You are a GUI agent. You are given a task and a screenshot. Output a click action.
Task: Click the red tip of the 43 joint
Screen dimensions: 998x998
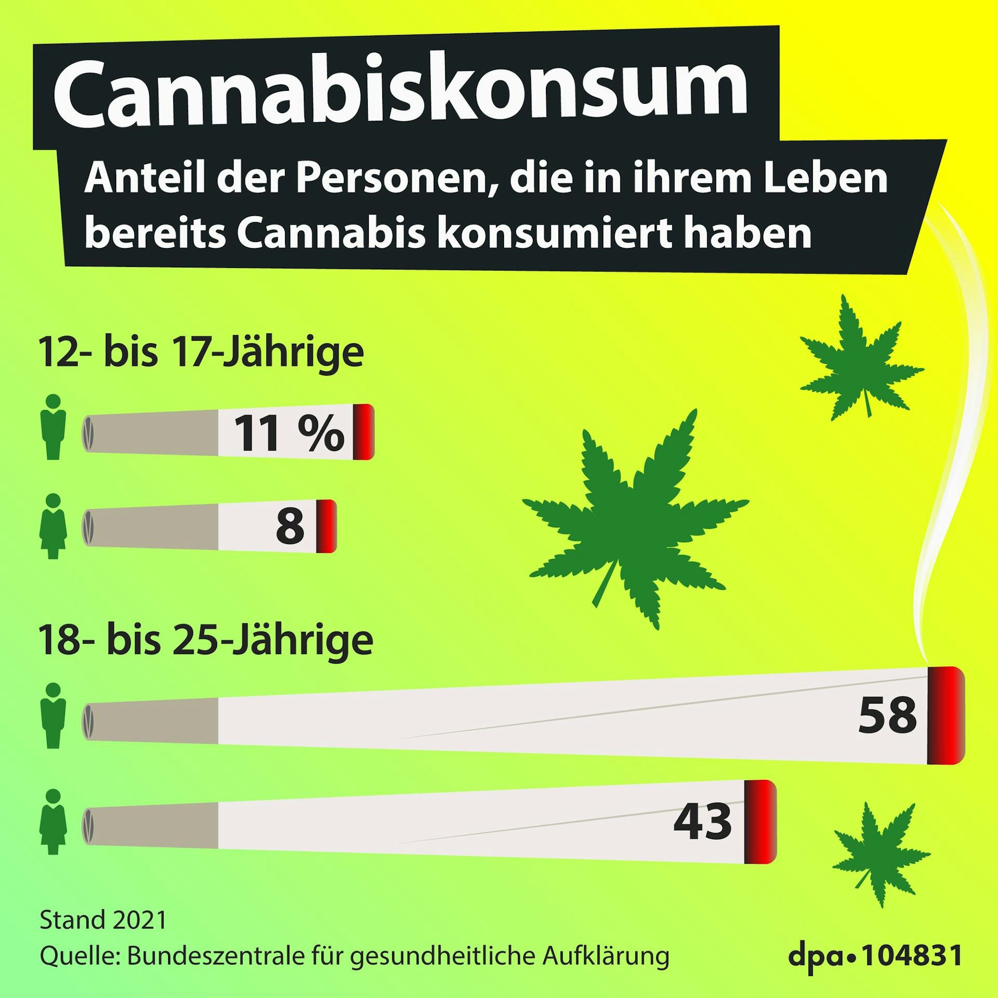click(x=760, y=822)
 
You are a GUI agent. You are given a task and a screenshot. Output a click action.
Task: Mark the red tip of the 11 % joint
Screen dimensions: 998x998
click(x=364, y=432)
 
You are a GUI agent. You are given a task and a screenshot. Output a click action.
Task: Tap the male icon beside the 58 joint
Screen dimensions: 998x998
click(x=53, y=715)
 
